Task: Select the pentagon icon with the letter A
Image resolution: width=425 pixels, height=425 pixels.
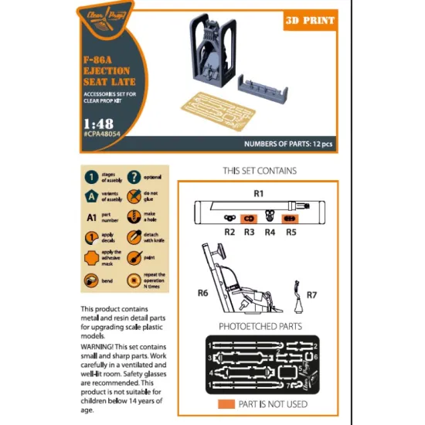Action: click(91, 196)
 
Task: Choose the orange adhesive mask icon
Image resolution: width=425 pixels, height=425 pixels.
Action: click(91, 258)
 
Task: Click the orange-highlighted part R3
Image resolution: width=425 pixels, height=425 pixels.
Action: click(249, 219)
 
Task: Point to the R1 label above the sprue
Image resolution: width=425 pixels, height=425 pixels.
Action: click(259, 191)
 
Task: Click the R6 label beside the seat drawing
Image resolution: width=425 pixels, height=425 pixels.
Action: click(203, 294)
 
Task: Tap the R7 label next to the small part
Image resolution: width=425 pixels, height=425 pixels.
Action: click(311, 294)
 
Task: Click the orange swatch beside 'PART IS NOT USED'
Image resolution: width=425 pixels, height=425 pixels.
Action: click(226, 403)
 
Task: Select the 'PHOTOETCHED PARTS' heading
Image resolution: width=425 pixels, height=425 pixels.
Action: click(259, 327)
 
